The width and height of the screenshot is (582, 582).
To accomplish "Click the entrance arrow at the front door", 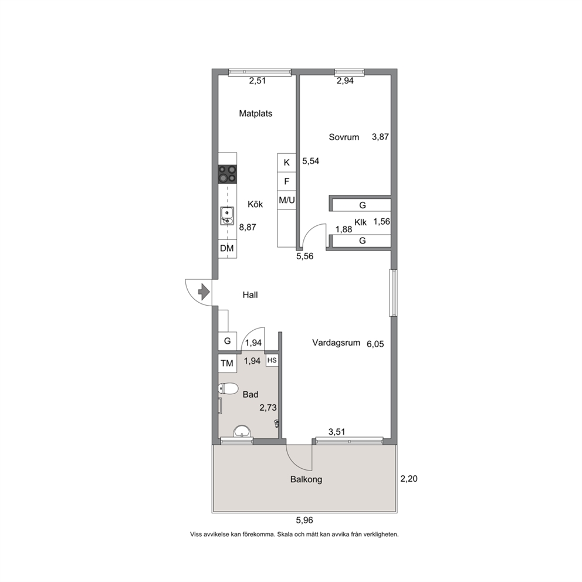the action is click(204, 292).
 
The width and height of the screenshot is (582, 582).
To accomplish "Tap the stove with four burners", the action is click(228, 174).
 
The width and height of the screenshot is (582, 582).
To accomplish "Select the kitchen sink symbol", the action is click(227, 216).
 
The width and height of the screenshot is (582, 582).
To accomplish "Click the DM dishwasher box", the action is click(227, 248).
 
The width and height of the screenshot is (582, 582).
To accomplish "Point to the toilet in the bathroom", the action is click(228, 390).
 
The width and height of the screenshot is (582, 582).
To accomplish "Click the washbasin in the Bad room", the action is click(242, 431).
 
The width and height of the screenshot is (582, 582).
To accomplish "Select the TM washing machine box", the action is click(227, 363).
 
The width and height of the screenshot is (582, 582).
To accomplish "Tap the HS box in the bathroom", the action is click(272, 360).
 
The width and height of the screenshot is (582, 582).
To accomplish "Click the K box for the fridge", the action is click(286, 163).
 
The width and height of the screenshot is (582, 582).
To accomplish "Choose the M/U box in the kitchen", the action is click(286, 201).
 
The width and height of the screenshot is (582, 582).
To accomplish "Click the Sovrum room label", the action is click(344, 137).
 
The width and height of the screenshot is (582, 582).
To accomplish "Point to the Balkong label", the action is click(306, 479).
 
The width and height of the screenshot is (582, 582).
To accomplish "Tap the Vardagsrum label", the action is click(336, 343).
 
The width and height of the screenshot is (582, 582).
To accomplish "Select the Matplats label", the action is click(255, 114).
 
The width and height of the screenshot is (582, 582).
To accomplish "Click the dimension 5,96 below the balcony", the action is click(304, 520).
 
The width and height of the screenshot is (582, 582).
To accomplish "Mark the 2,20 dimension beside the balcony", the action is click(409, 479).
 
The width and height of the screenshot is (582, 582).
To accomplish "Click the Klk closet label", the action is click(360, 222).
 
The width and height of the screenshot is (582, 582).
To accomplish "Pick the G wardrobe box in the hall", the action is click(227, 341).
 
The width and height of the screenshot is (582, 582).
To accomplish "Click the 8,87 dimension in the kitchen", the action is click(248, 227).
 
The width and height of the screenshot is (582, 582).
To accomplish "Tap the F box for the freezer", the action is click(286, 181).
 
